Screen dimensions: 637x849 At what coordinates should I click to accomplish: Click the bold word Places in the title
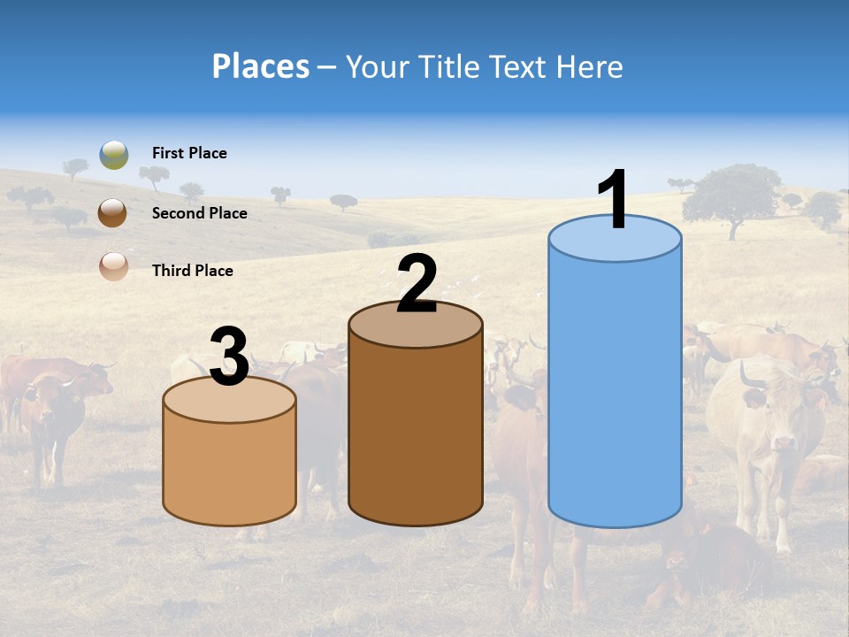click(x=260, y=66)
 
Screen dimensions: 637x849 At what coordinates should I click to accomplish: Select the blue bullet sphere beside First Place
click(x=114, y=154)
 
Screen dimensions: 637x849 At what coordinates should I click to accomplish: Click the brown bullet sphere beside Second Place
click(x=113, y=213)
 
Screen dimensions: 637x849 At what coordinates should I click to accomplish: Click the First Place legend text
click(x=189, y=153)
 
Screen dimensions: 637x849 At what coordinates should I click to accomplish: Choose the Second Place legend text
click(x=199, y=213)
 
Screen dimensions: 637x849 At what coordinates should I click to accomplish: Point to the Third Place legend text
click(x=192, y=271)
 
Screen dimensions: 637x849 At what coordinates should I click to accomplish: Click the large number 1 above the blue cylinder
click(x=613, y=200)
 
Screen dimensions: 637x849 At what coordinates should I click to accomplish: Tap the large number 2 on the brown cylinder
click(x=417, y=284)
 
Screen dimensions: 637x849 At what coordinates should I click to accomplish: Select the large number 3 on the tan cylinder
click(x=229, y=357)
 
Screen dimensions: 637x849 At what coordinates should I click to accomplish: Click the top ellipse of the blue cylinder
click(x=615, y=239)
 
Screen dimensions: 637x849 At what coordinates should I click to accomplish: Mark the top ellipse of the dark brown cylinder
click(x=416, y=325)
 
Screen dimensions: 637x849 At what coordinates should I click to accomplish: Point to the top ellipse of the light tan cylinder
click(x=229, y=400)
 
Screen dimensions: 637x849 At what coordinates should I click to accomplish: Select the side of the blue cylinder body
click(x=615, y=389)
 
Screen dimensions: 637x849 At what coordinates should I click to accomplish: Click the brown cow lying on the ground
click(x=707, y=557)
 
